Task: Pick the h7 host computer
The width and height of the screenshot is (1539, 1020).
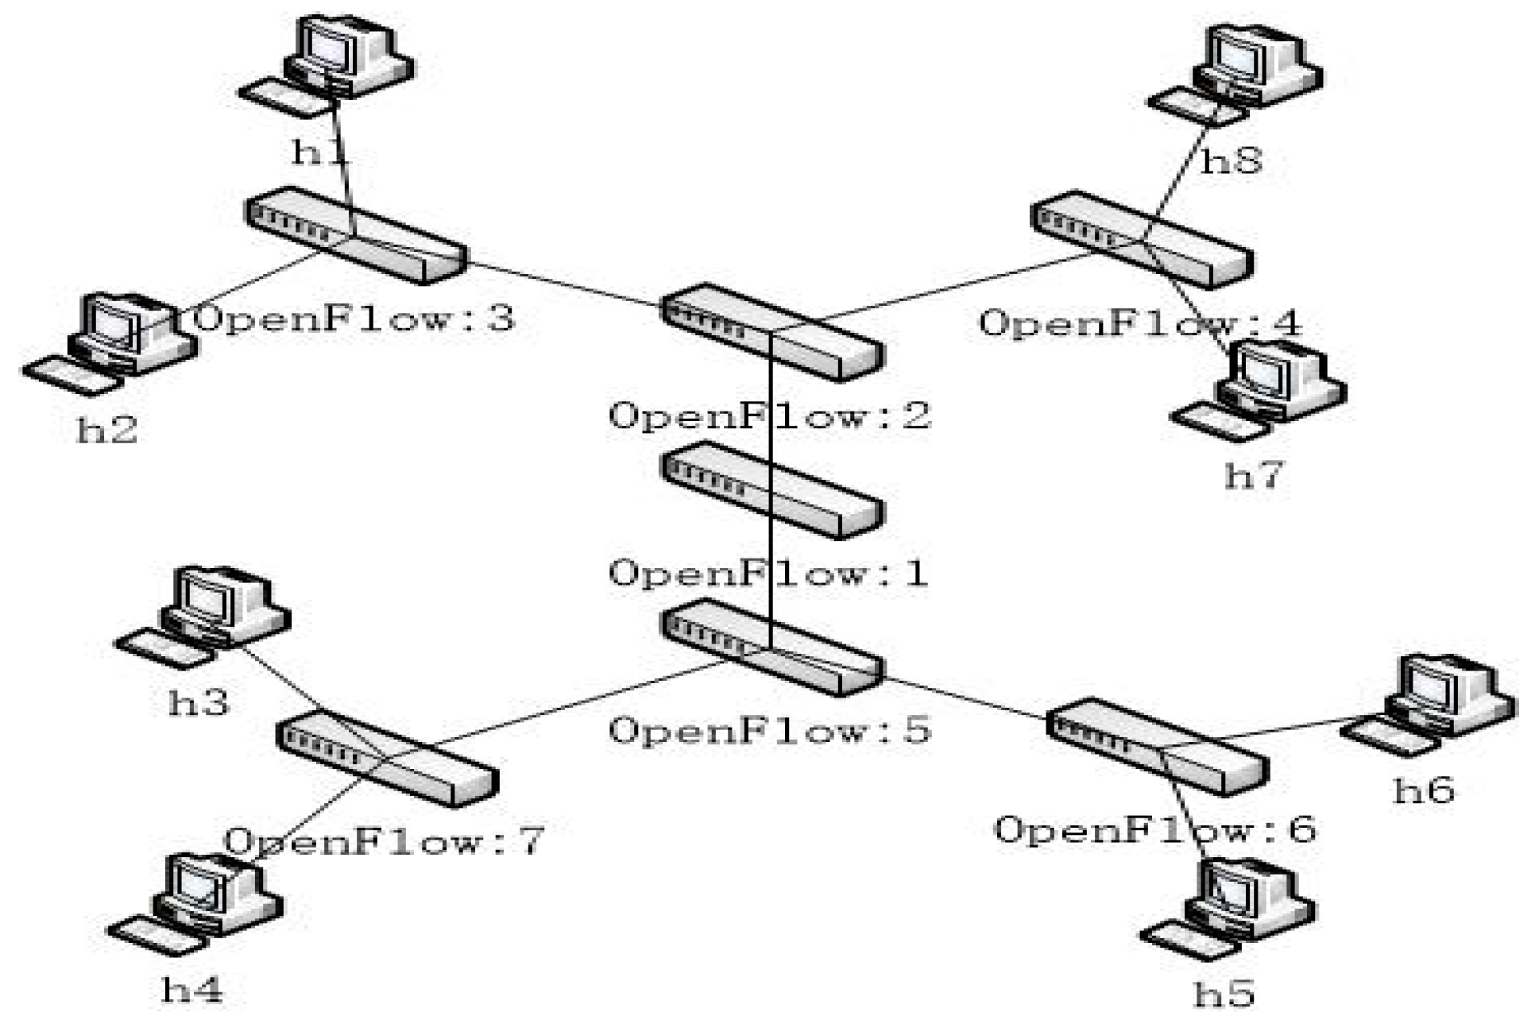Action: coord(1271,381)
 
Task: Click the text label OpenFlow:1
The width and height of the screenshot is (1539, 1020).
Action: coord(768,574)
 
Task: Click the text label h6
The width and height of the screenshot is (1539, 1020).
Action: coord(1424,790)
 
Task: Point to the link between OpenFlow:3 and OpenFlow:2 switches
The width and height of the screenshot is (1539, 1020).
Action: coord(564,284)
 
